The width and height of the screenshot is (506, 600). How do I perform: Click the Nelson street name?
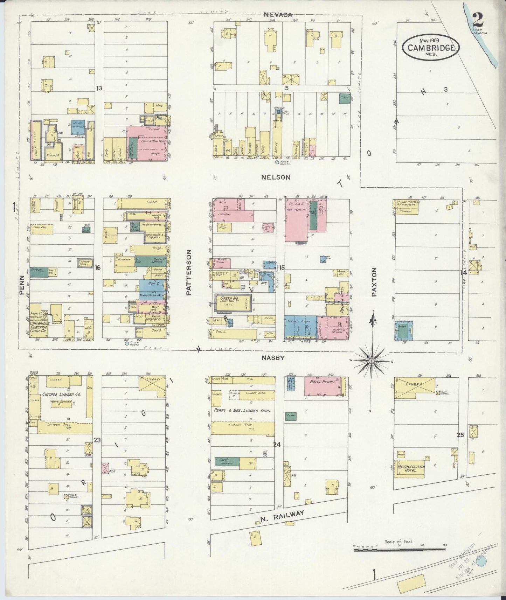click(x=276, y=177)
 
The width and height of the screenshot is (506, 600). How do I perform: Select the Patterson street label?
click(x=189, y=272)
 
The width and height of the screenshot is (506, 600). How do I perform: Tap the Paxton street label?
click(x=374, y=282)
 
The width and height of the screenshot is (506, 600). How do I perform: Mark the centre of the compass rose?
click(x=371, y=361)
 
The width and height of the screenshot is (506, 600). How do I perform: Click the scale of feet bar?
click(x=399, y=550)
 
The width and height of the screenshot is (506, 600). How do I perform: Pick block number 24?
click(x=277, y=445)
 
